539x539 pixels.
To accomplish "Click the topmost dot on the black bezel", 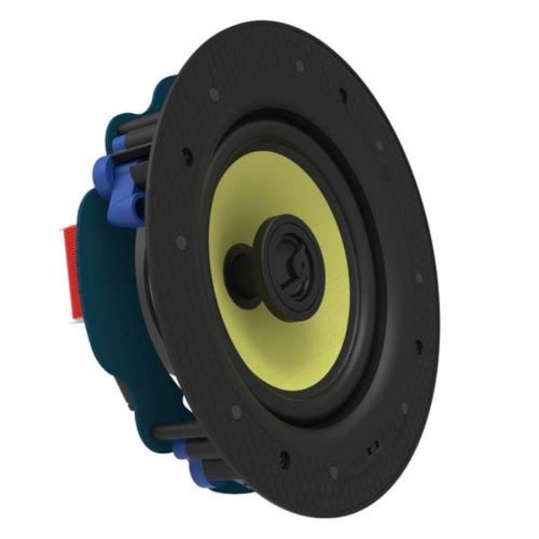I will [300, 66].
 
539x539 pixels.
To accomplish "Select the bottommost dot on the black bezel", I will [333, 472].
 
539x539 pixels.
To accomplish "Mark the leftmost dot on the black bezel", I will [181, 243].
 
